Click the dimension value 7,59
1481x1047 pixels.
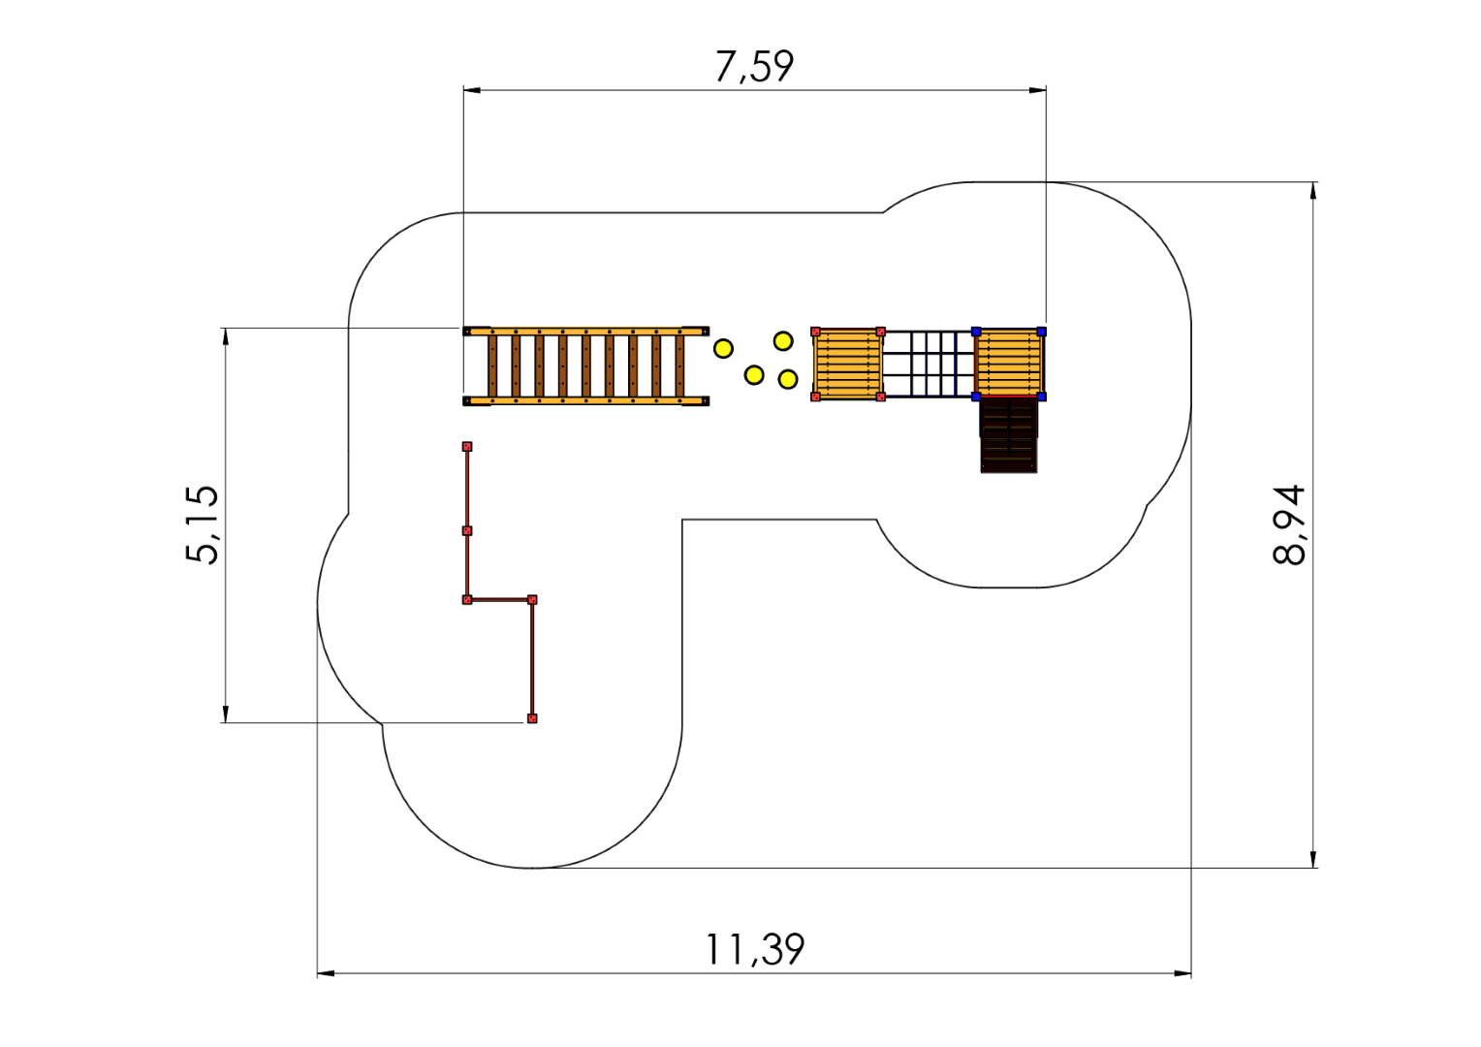[754, 67]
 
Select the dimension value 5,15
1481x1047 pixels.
[202, 524]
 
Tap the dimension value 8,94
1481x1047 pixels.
[1288, 524]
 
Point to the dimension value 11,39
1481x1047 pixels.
[755, 950]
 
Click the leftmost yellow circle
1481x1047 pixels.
[723, 349]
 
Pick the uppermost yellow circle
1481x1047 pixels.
[783, 341]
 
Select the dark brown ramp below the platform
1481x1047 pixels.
[1009, 434]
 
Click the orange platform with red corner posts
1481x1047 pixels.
[848, 364]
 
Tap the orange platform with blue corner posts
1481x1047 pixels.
[1009, 364]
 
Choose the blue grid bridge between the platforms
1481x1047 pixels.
[929, 364]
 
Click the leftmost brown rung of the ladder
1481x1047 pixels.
[492, 365]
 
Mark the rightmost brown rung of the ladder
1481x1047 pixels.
[679, 365]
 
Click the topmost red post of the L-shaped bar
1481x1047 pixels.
[467, 447]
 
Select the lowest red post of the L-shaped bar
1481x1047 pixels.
[532, 718]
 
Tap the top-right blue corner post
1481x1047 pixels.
[1041, 332]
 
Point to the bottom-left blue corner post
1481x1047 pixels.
[977, 397]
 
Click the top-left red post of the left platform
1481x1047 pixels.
[816, 332]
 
